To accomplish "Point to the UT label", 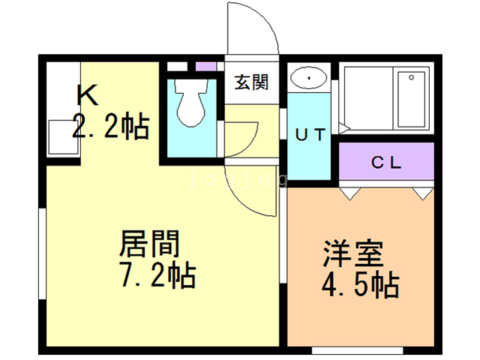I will pos(309,136).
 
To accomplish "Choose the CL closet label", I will pos(386,162).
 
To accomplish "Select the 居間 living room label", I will pos(150,245).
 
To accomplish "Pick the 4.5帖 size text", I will pos(361,286).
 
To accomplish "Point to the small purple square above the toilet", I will pos(205,66).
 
